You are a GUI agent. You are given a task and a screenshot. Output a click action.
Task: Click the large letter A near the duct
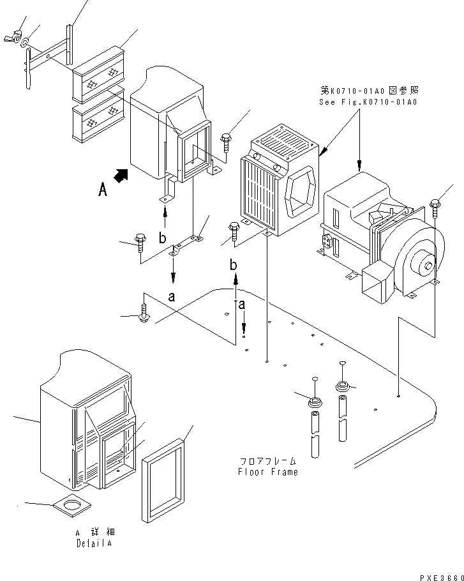(x=102, y=190)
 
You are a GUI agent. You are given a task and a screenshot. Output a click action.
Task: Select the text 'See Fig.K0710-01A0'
(x=368, y=102)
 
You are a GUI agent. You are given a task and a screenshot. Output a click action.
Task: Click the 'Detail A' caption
(x=96, y=543)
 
